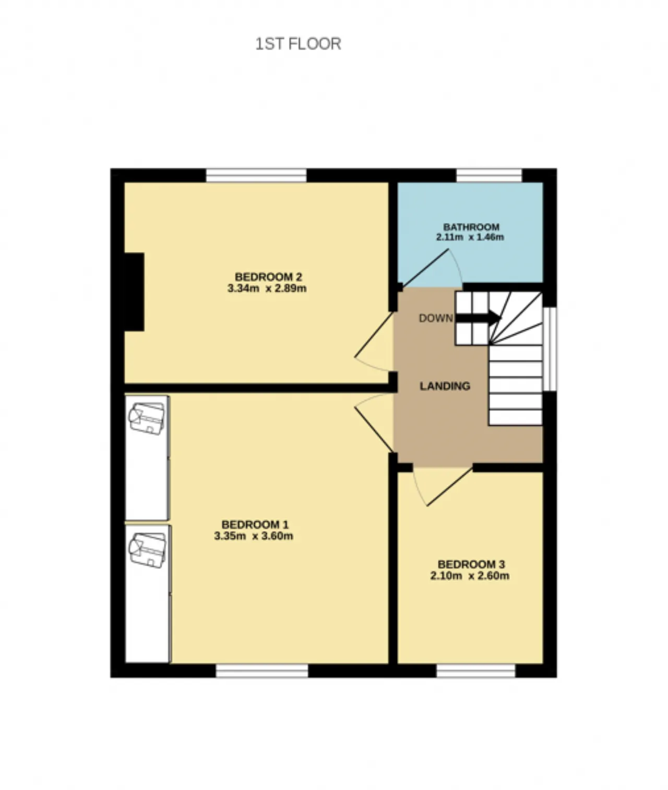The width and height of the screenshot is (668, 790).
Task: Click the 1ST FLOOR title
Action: [298, 44]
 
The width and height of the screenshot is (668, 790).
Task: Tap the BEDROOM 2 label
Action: [268, 277]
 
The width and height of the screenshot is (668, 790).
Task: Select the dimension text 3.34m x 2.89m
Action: [267, 288]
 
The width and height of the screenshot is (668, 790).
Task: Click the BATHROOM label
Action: [471, 226]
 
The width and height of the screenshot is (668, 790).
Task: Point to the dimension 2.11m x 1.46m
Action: [470, 237]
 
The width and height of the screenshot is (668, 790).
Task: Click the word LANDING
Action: [445, 386]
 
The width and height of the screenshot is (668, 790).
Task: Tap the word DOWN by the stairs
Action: [436, 318]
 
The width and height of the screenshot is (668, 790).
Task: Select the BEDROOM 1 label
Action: [255, 524]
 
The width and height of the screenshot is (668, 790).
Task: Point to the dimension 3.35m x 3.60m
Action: [254, 536]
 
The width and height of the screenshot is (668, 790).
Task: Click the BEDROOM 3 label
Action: [471, 564]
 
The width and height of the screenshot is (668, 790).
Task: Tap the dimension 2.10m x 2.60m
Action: [470, 576]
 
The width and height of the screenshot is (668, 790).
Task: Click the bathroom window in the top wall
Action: [489, 175]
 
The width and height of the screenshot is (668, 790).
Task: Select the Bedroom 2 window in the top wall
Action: [256, 175]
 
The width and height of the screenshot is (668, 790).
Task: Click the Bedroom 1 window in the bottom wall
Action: [262, 671]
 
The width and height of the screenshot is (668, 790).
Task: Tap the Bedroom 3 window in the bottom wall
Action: [476, 671]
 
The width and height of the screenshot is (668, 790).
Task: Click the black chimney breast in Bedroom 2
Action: [134, 292]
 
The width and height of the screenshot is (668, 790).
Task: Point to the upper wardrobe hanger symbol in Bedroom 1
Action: [147, 418]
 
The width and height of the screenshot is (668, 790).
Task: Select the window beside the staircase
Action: [550, 349]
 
